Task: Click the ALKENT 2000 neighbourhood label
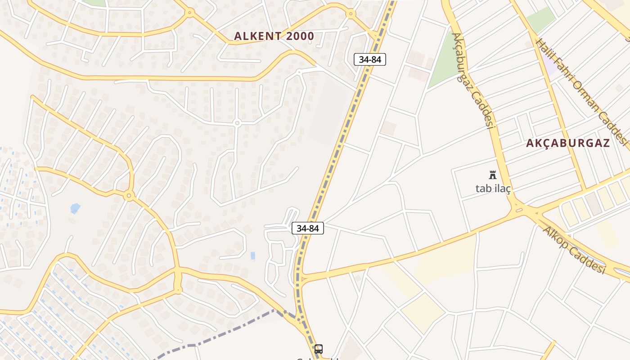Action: [x=274, y=36]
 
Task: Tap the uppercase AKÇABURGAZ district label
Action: [x=568, y=144]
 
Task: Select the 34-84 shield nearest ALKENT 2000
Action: [x=370, y=59]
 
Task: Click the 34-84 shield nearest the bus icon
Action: [x=308, y=228]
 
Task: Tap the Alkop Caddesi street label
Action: [x=573, y=249]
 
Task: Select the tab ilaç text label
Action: [x=493, y=188]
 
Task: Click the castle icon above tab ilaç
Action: [x=493, y=175]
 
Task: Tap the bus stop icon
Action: [x=318, y=349]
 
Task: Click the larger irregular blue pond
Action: [x=75, y=208]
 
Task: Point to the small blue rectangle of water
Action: [x=253, y=256]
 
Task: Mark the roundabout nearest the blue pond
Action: [x=129, y=196]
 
